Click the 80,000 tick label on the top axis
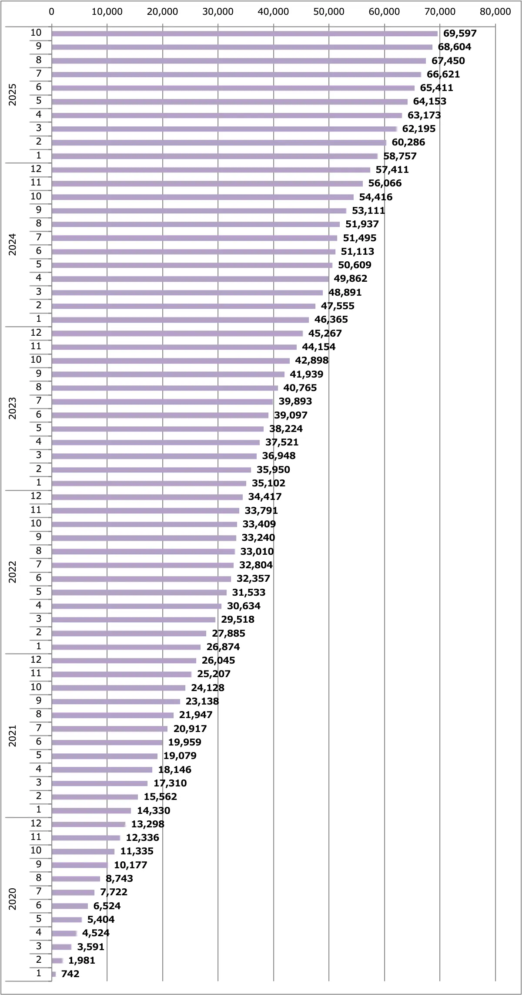click(x=495, y=12)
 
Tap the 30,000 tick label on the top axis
click(x=217, y=12)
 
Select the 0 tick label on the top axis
click(x=52, y=12)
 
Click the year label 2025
click(x=13, y=94)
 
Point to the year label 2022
click(x=13, y=572)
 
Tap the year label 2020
click(x=13, y=899)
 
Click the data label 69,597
click(x=460, y=34)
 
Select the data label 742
click(x=70, y=974)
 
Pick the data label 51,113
click(x=357, y=251)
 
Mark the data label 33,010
click(x=257, y=551)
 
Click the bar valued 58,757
click(x=214, y=156)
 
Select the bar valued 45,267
click(x=177, y=333)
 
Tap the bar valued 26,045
click(x=124, y=660)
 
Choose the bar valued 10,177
click(x=80, y=865)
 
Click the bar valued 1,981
click(x=57, y=960)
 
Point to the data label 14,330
click(x=154, y=810)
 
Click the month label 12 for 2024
click(x=36, y=169)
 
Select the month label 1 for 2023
click(x=39, y=482)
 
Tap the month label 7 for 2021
click(x=39, y=728)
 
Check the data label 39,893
click(x=295, y=401)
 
